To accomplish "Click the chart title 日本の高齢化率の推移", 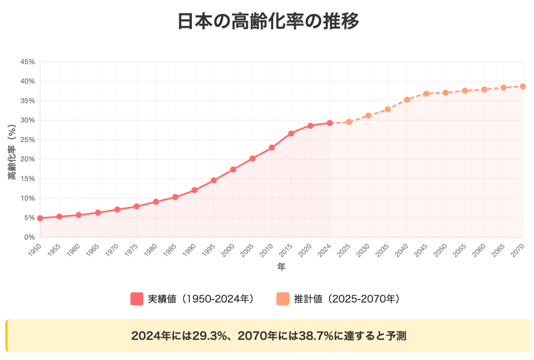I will point(267,22).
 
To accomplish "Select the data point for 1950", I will point(40,218).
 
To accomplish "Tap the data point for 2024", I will point(330,123).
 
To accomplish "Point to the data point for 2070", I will point(523,87).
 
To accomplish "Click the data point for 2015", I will point(291,134).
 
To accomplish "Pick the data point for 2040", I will point(407,100).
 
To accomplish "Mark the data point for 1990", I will point(195,190).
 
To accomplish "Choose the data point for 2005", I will point(252,159).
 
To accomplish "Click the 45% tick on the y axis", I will point(28,62).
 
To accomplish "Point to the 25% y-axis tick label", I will point(28,140).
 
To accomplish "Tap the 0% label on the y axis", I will point(30,237).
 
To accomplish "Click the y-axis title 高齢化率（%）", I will point(11,149).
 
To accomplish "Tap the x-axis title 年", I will point(281,267).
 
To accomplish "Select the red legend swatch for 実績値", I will point(137,299).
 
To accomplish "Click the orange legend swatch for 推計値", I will point(283,299).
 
